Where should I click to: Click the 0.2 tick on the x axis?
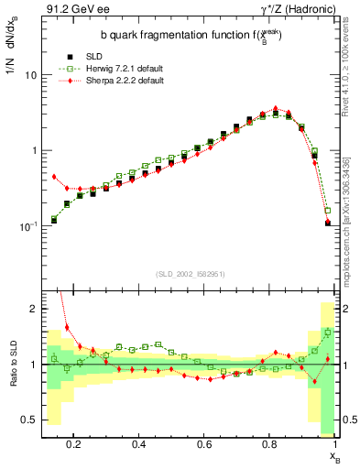[x=74, y=444]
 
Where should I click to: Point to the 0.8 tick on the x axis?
[x=271, y=444]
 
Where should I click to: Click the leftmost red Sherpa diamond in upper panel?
[x=54, y=177]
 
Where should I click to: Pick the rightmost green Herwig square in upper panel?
[x=328, y=210]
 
